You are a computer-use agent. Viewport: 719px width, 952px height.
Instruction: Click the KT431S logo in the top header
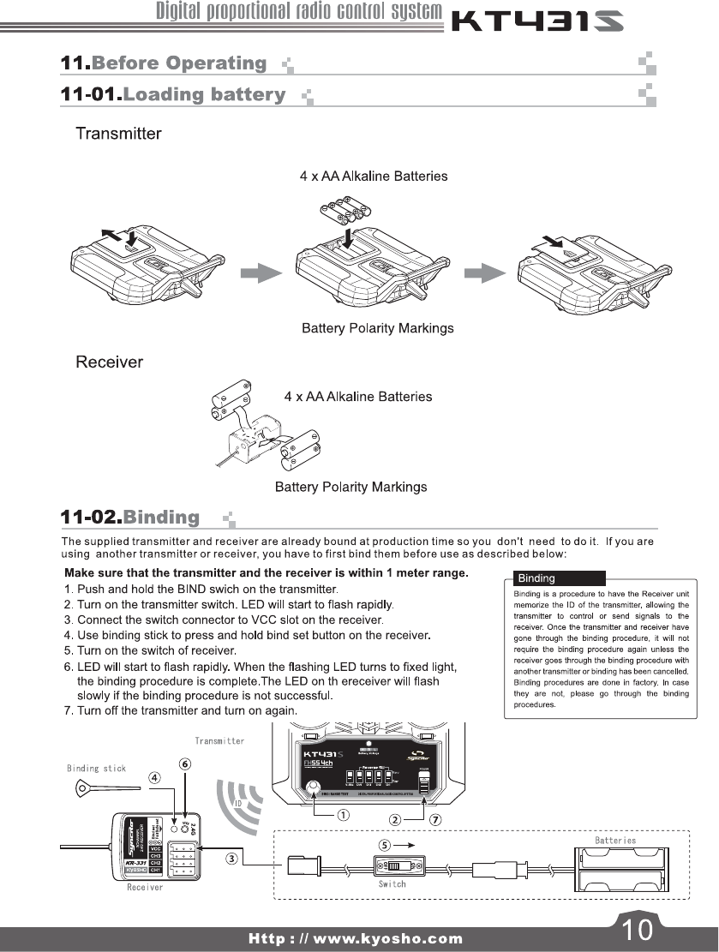pyautogui.click(x=537, y=21)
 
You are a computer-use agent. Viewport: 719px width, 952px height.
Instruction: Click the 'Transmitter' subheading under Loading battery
pyautogui.click(x=118, y=134)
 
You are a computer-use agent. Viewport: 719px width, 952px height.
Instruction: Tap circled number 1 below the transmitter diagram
pyautogui.click(x=343, y=815)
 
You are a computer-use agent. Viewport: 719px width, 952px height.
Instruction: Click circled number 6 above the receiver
pyautogui.click(x=184, y=763)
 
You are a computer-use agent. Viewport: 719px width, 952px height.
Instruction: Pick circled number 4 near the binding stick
pyautogui.click(x=154, y=778)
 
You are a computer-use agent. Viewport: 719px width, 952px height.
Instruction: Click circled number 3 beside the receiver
pyautogui.click(x=231, y=858)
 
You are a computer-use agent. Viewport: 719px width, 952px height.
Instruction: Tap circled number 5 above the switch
pyautogui.click(x=386, y=844)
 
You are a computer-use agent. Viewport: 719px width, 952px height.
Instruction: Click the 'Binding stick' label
pyautogui.click(x=96, y=768)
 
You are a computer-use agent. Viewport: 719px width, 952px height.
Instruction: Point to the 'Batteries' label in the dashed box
pyautogui.click(x=615, y=841)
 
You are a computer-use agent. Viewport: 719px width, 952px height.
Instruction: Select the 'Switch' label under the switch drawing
pyautogui.click(x=392, y=883)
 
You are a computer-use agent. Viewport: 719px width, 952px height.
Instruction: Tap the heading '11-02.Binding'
pyautogui.click(x=130, y=518)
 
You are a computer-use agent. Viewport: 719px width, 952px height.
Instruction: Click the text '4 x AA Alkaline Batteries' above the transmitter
pyautogui.click(x=373, y=176)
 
